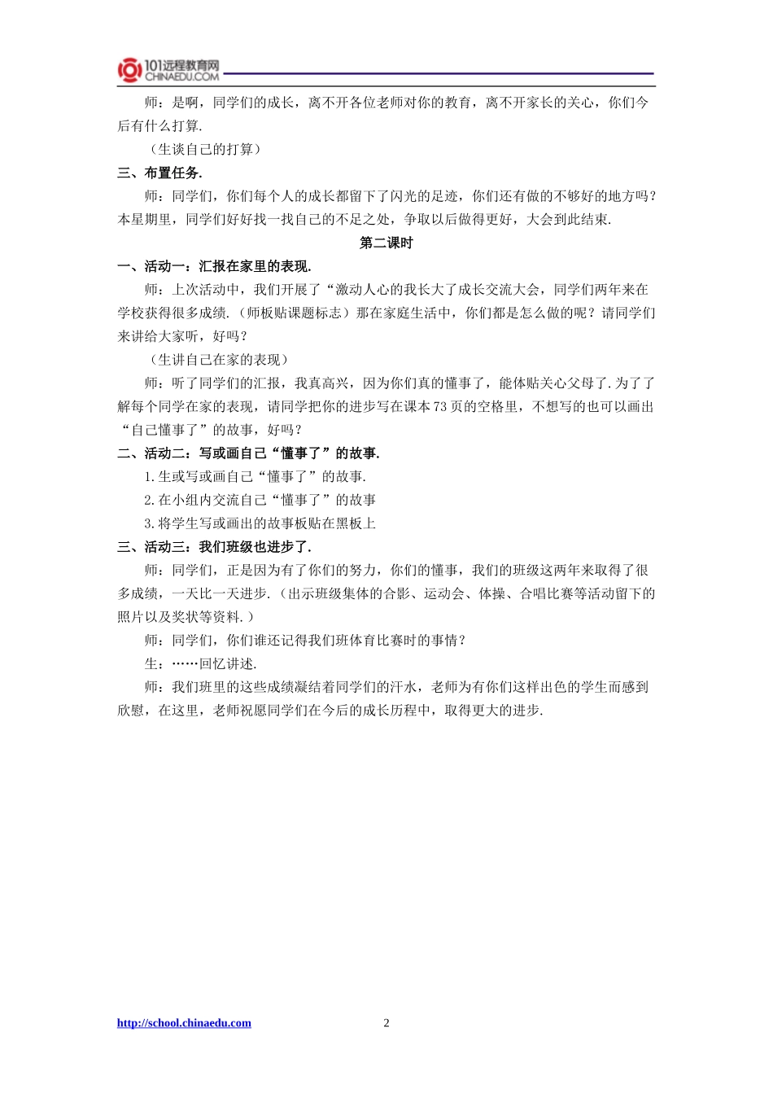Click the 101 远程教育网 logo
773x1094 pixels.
[x=168, y=70]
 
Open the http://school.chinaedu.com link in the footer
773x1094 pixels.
[x=184, y=1023]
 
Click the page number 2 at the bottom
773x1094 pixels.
[x=386, y=1023]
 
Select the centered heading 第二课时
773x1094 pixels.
[x=386, y=243]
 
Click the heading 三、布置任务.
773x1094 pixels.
[x=159, y=173]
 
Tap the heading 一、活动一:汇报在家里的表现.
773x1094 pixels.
[x=214, y=266]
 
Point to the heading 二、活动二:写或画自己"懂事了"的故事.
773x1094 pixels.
[x=248, y=453]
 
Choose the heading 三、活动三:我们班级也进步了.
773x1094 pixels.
[x=214, y=547]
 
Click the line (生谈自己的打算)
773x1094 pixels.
[x=205, y=149]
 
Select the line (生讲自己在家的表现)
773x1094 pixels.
[x=219, y=360]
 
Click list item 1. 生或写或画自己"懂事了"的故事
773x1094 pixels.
[x=255, y=477]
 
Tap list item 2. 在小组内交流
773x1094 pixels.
[x=260, y=500]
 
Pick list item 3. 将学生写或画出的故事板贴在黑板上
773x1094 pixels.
[x=260, y=523]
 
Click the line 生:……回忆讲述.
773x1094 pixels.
[x=200, y=664]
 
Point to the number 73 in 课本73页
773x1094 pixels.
[x=439, y=407]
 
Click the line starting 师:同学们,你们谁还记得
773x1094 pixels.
[x=305, y=641]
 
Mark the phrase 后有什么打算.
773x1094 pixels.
[x=159, y=126]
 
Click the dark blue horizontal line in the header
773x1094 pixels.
[x=439, y=74]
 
